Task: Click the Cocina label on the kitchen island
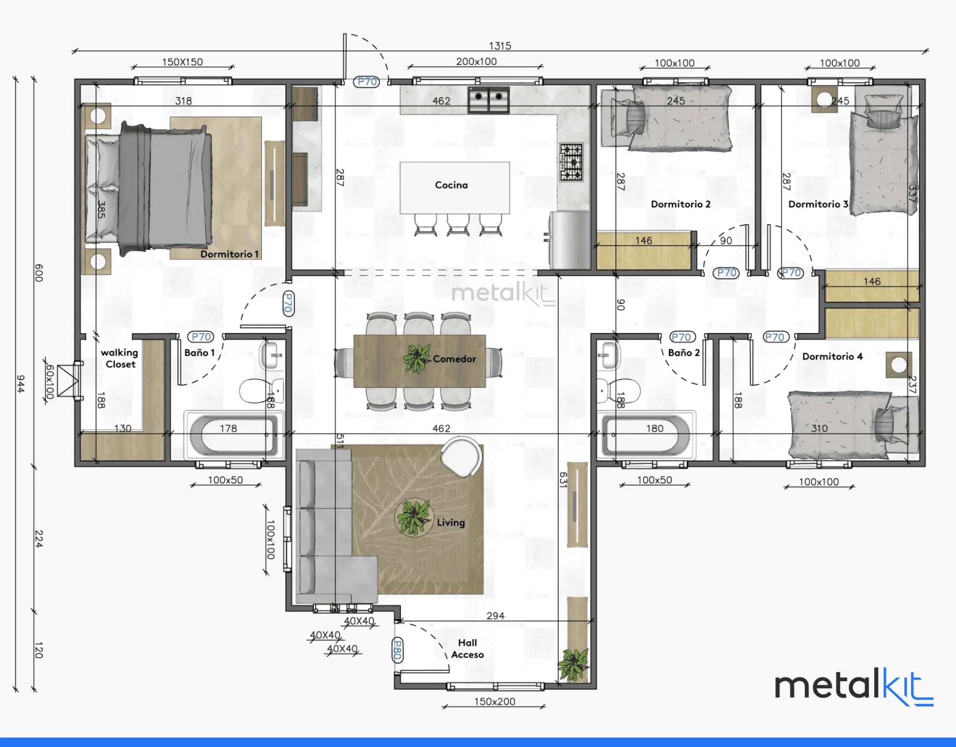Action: point(451,185)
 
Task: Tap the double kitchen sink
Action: point(489,99)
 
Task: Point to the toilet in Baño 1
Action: point(262,391)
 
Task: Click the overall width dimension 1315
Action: point(500,46)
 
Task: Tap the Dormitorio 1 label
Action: point(229,254)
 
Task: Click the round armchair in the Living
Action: point(461,457)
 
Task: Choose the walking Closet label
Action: point(120,358)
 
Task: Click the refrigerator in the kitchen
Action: point(569,240)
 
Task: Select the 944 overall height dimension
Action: point(21,384)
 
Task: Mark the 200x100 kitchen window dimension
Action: point(476,61)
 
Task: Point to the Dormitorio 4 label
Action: point(832,356)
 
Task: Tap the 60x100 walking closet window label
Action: point(49,382)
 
